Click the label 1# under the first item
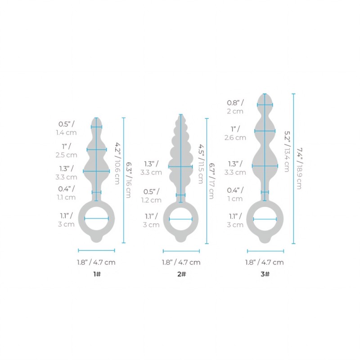[x=97, y=274]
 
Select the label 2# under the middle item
[x=182, y=274]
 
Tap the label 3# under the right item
[x=265, y=274]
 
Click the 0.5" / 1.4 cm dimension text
[x=66, y=128]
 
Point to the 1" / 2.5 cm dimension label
[x=66, y=151]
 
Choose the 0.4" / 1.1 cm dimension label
[x=66, y=193]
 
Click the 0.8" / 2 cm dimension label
[x=235, y=107]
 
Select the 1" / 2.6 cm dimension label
[x=235, y=133]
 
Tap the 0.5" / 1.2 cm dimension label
[x=151, y=196]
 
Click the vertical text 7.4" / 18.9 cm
[x=299, y=168]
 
